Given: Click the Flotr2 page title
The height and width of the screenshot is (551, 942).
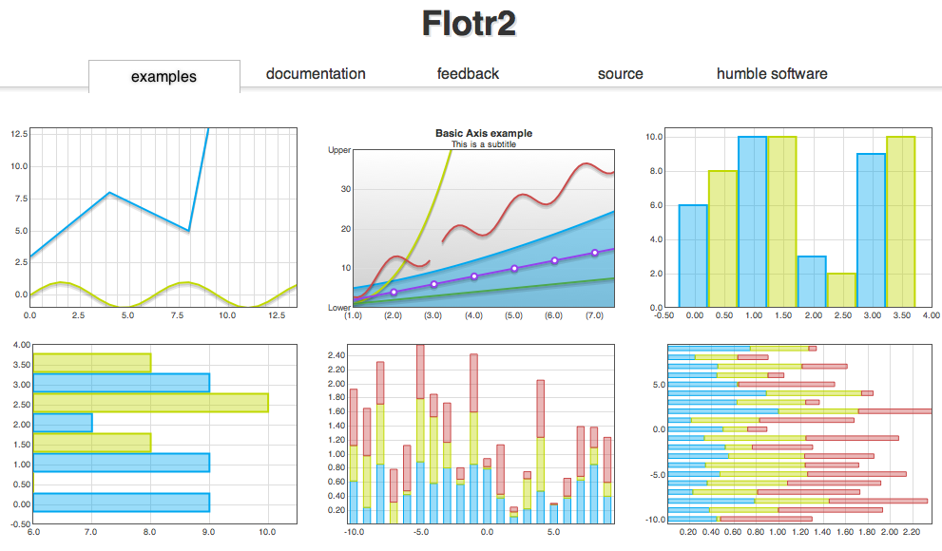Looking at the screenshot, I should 470,24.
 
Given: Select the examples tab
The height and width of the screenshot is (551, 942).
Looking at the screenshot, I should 163,76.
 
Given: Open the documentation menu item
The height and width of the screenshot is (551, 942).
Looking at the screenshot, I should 316,73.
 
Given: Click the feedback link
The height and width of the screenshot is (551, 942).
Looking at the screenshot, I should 468,73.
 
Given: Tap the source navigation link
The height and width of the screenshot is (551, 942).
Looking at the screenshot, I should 620,73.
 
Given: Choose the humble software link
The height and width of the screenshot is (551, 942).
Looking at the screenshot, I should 771,73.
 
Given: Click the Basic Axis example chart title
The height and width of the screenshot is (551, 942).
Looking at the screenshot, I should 483,134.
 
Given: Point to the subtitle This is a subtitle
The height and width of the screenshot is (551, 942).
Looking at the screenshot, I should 483,144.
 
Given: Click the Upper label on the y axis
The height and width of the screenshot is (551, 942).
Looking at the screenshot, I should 339,150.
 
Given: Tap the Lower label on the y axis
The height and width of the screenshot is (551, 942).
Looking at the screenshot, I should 339,308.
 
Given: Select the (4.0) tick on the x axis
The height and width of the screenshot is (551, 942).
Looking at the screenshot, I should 473,315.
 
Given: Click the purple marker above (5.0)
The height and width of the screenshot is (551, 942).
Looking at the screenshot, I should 514,268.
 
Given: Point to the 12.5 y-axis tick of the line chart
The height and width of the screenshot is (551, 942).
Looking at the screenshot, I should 18,134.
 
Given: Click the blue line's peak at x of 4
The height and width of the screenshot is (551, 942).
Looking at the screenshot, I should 110,193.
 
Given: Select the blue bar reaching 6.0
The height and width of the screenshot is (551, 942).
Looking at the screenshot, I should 692,256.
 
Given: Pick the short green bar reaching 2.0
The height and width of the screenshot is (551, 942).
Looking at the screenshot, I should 841,290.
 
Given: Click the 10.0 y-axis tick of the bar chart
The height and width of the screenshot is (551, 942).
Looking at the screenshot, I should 653,137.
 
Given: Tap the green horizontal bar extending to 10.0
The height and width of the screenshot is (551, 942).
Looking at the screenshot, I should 150,403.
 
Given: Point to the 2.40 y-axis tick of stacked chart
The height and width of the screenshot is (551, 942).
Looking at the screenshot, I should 336,355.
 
